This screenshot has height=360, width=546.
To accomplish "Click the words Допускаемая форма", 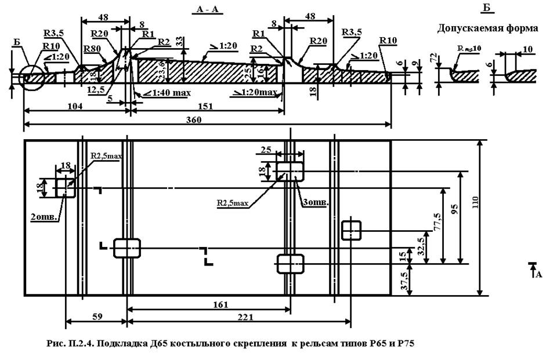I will (487, 28).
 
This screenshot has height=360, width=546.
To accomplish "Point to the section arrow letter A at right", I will (538, 274).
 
